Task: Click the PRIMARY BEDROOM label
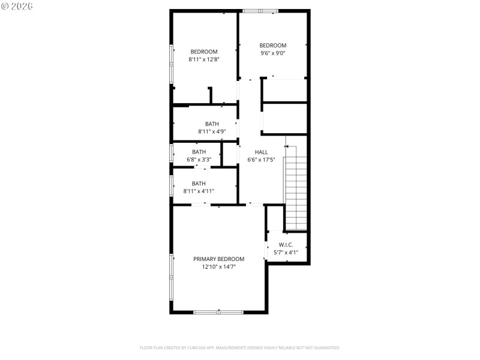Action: [x=218, y=259]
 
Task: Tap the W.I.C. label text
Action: [x=286, y=245]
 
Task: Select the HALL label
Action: [x=262, y=152]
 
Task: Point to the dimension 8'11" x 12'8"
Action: [x=204, y=59]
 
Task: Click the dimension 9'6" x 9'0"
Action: [x=272, y=53]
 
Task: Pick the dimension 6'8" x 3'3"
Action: [x=199, y=160]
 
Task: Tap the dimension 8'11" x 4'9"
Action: [x=212, y=131]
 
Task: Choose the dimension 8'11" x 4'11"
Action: [x=199, y=191]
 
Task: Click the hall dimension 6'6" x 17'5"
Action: [x=262, y=160]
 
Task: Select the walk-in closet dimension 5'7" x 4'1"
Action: [x=286, y=253]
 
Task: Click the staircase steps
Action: [x=295, y=192]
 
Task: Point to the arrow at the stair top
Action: [x=287, y=146]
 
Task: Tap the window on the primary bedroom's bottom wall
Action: [x=218, y=312]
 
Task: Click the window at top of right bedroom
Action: [x=260, y=10]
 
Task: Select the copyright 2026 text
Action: [x=17, y=6]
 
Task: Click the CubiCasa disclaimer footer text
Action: [x=239, y=347]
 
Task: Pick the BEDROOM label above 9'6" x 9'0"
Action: [x=272, y=46]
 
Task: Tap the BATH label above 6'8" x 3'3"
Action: [x=199, y=152]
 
